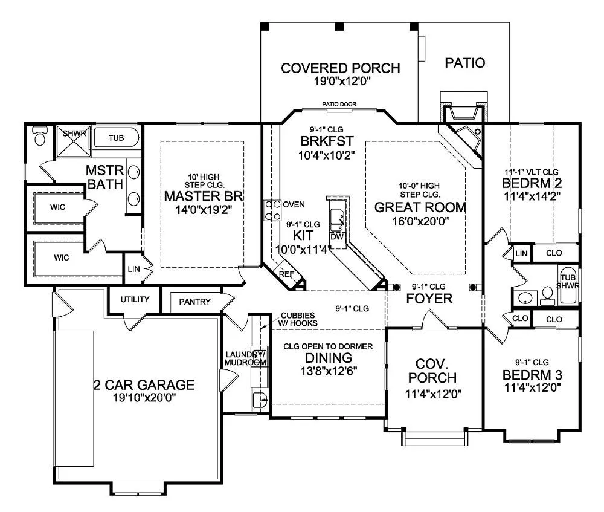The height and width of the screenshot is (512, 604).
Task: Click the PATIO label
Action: tap(465, 63)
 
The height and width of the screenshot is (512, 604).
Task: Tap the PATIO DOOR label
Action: tap(339, 105)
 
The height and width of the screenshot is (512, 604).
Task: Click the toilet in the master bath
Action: tap(40, 136)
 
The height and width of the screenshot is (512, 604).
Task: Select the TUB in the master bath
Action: tap(117, 138)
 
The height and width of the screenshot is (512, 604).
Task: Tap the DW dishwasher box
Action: tap(336, 236)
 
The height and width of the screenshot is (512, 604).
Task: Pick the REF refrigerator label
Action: tap(286, 273)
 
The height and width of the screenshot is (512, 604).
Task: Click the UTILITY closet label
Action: tap(135, 300)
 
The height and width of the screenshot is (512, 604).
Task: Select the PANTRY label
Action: tap(194, 302)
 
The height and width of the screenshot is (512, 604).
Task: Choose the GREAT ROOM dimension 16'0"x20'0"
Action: tap(420, 221)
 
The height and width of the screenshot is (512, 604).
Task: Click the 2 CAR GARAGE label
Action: tap(144, 385)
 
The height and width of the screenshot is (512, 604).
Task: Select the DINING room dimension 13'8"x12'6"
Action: tap(327, 371)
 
